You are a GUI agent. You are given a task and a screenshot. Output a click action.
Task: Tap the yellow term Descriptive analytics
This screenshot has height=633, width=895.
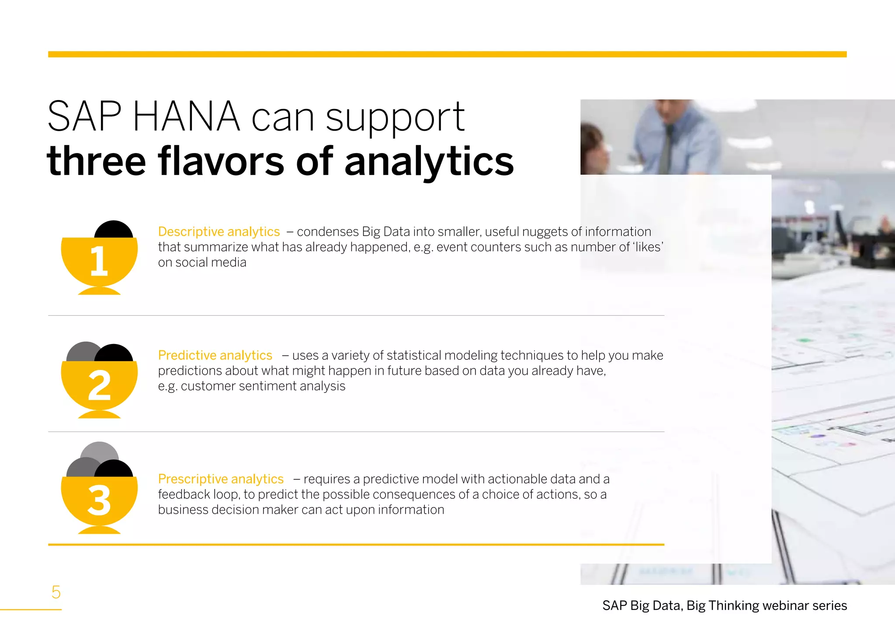(x=219, y=231)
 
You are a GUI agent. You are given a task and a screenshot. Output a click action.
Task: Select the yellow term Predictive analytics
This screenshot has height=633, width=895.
(x=215, y=355)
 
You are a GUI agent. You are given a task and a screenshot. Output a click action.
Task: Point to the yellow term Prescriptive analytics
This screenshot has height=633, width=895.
(x=221, y=479)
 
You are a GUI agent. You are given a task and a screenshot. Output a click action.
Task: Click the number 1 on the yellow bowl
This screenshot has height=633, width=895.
(x=99, y=261)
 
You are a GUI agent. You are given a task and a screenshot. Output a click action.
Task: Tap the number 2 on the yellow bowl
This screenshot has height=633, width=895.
(x=99, y=385)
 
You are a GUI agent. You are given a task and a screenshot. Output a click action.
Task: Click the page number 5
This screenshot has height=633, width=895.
(x=56, y=592)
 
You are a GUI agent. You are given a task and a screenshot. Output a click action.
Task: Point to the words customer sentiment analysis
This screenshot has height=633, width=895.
(x=263, y=386)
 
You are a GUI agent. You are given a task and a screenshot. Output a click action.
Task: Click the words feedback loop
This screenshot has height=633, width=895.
(x=198, y=494)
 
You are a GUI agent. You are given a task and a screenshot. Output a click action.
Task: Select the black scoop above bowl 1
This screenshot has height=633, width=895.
(x=114, y=230)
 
